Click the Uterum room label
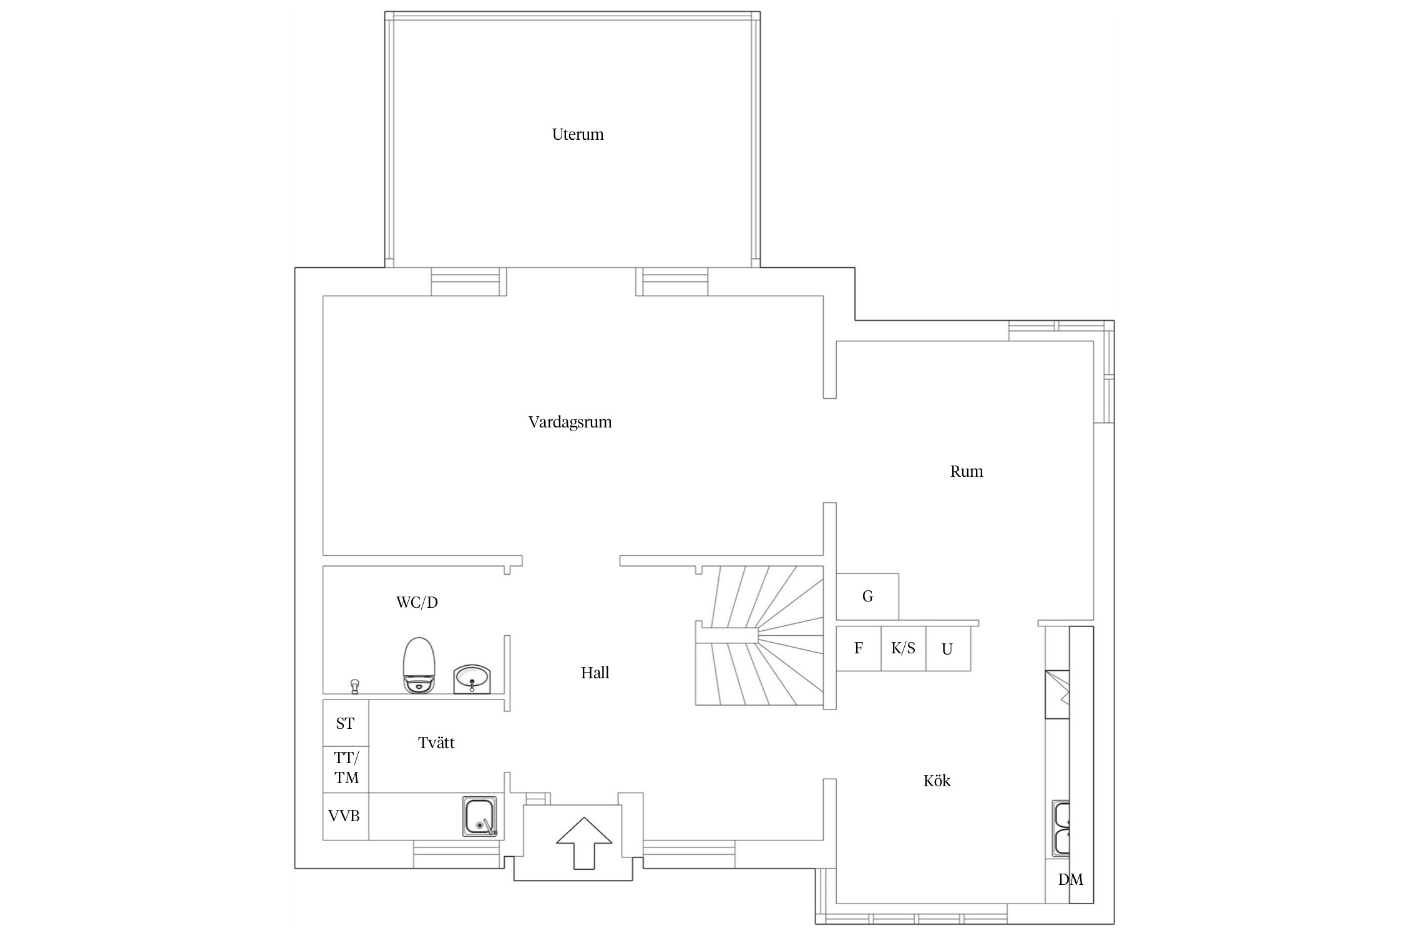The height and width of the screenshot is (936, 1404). (x=578, y=134)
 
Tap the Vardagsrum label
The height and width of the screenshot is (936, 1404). (x=570, y=422)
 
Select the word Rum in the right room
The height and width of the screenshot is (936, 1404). (x=967, y=472)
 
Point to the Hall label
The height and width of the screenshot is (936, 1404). (x=595, y=673)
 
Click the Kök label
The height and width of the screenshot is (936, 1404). (x=937, y=781)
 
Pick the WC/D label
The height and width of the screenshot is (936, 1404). (x=417, y=602)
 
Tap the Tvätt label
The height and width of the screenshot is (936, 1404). (x=436, y=743)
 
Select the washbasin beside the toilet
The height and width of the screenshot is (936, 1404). (x=472, y=679)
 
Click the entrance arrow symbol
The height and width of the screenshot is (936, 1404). (x=584, y=842)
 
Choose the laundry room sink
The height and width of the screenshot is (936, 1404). (x=480, y=816)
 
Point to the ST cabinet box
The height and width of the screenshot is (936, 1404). (x=346, y=723)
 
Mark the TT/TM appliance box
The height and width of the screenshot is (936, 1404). (x=346, y=769)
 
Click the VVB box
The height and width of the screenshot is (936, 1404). (x=346, y=816)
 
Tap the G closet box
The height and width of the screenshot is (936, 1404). (x=867, y=596)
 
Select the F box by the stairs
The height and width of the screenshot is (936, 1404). (x=859, y=648)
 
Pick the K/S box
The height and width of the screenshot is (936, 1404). (x=904, y=648)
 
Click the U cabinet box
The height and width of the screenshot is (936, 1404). (x=948, y=648)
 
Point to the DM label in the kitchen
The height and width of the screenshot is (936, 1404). (x=1071, y=880)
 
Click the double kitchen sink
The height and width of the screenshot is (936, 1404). (x=1061, y=829)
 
